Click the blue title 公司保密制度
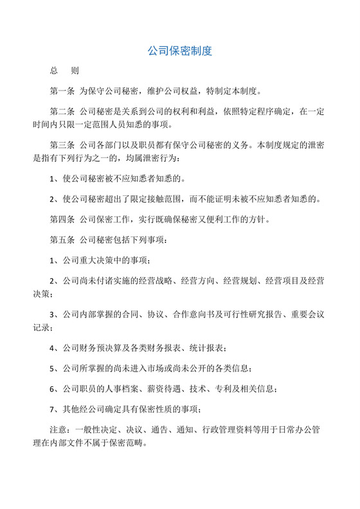180,51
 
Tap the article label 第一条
61,91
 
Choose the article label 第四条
61,220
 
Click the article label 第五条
61,240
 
